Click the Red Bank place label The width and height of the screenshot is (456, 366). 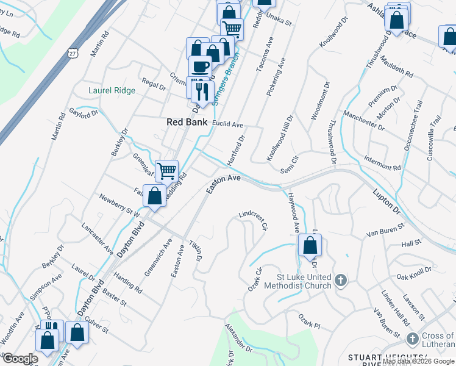(x=187, y=122)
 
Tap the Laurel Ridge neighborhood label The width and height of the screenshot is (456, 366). (x=112, y=90)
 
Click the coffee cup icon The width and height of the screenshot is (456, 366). (x=199, y=66)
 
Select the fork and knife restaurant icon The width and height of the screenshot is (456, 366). (x=202, y=91)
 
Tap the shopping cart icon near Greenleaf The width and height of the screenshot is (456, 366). (x=166, y=171)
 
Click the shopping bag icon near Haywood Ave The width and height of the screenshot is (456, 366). (x=310, y=246)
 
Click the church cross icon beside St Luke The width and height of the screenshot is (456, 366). (x=341, y=281)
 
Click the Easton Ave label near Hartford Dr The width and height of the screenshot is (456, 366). (x=224, y=184)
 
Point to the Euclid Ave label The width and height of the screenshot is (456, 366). (x=228, y=124)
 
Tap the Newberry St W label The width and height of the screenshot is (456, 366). (x=120, y=206)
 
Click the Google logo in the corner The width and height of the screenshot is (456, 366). (x=20, y=359)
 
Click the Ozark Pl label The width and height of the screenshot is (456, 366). (x=309, y=321)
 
